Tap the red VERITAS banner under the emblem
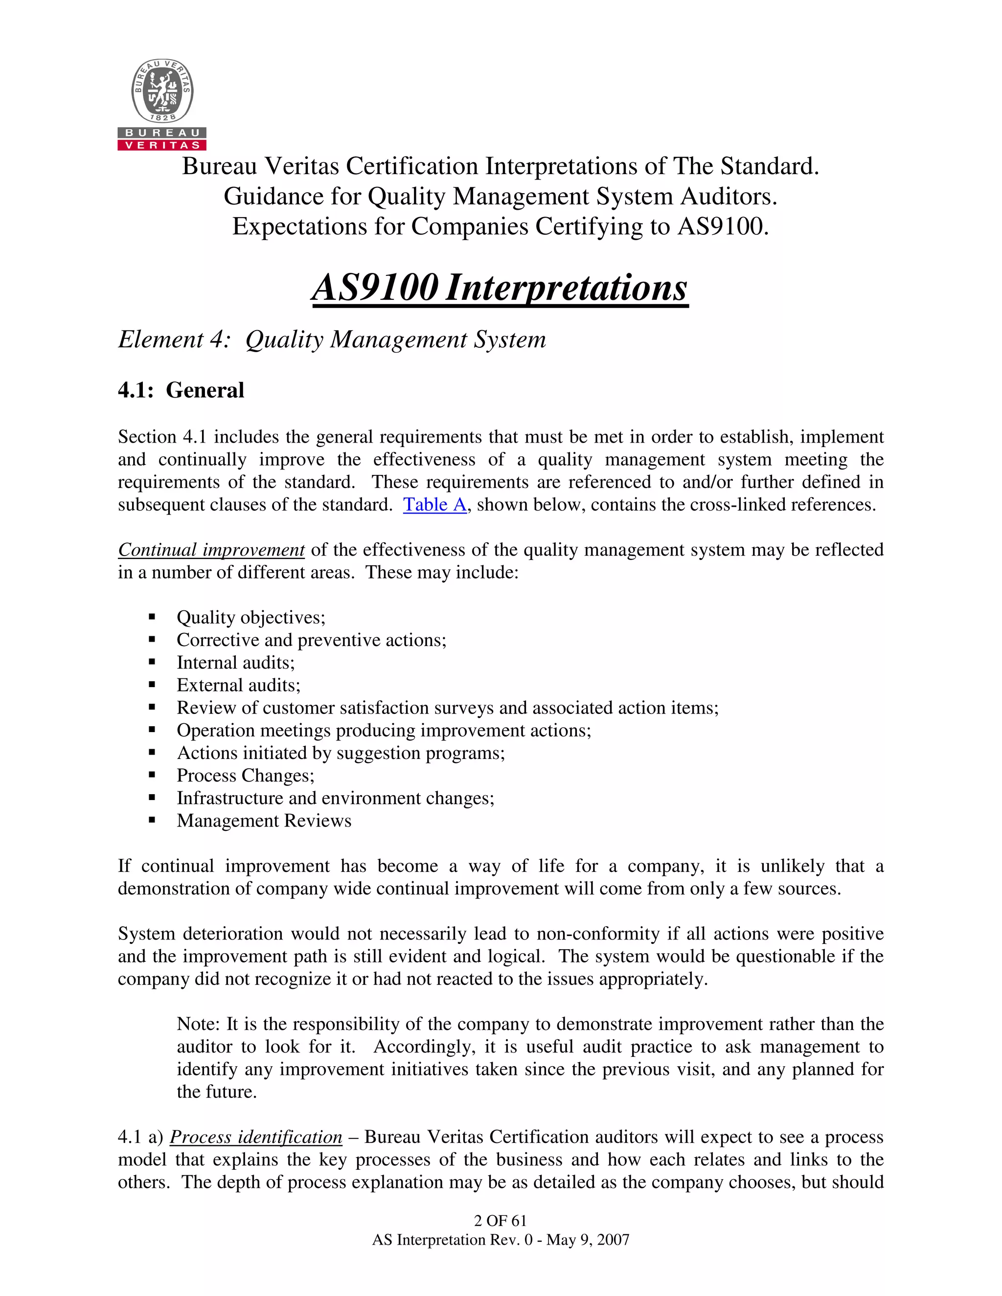pos(162,145)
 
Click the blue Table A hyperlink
pos(434,505)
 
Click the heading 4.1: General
pos(181,390)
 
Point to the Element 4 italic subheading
pos(332,339)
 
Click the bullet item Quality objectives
pos(250,618)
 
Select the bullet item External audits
pos(238,685)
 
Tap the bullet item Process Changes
pos(245,776)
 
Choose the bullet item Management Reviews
pos(264,821)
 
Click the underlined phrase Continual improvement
pos(211,550)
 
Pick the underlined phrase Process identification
pos(256,1137)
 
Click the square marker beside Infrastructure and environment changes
pos(152,798)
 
